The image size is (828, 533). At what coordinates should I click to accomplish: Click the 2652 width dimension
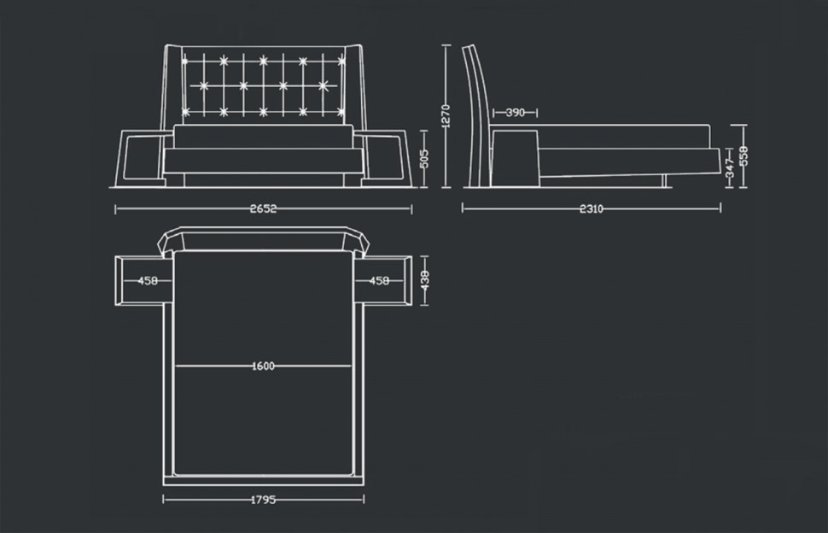click(263, 208)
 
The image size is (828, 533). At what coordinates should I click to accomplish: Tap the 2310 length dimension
click(592, 208)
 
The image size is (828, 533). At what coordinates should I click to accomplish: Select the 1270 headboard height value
click(445, 115)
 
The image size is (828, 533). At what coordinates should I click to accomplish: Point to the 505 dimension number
click(424, 159)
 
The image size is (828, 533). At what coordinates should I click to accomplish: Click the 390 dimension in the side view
click(516, 113)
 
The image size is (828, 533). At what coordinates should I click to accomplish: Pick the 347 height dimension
click(730, 167)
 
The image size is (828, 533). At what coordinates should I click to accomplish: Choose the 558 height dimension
click(743, 155)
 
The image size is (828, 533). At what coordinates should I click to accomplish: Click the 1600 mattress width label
click(263, 366)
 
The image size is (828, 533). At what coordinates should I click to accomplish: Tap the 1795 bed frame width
click(263, 499)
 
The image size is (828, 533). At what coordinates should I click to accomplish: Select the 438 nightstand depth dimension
click(425, 280)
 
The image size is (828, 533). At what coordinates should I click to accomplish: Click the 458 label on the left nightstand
click(148, 280)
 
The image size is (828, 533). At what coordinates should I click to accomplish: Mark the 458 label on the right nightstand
click(379, 280)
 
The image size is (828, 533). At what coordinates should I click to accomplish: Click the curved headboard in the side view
click(477, 116)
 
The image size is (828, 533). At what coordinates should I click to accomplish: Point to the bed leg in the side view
click(666, 181)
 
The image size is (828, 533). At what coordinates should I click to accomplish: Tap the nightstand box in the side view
click(515, 159)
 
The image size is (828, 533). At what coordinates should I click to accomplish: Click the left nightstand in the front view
click(139, 159)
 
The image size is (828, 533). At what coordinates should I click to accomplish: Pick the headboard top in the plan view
click(263, 239)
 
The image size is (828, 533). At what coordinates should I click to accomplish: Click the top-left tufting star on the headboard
click(185, 61)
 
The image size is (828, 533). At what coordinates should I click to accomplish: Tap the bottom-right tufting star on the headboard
click(341, 112)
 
